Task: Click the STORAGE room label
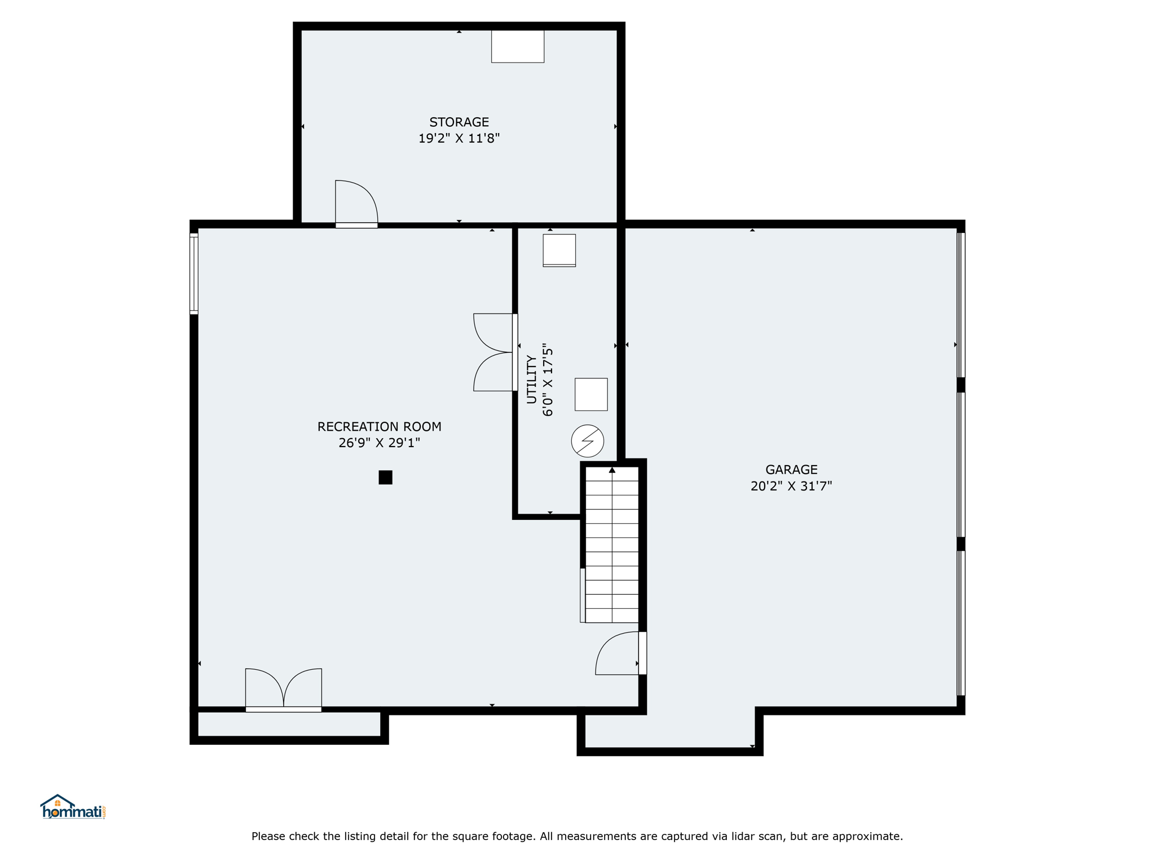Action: click(x=459, y=122)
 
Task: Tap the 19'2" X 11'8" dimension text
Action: click(x=459, y=138)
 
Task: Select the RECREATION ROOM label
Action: click(x=380, y=427)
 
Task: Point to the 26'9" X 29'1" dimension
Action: click(x=380, y=443)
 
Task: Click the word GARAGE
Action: click(x=791, y=470)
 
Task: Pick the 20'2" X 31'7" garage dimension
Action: click(x=791, y=486)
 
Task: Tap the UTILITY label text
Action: click(x=531, y=379)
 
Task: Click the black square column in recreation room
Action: click(x=385, y=478)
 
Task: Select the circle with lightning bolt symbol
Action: click(x=588, y=441)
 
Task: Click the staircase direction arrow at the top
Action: click(x=612, y=470)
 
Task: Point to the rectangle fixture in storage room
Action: click(x=518, y=46)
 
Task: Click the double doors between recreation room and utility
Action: click(x=494, y=352)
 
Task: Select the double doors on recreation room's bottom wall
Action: click(x=284, y=689)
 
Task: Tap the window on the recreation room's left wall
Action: click(x=193, y=273)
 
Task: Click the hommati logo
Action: click(x=73, y=807)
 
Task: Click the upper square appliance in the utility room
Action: click(x=559, y=250)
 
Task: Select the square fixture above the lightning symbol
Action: click(x=591, y=395)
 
